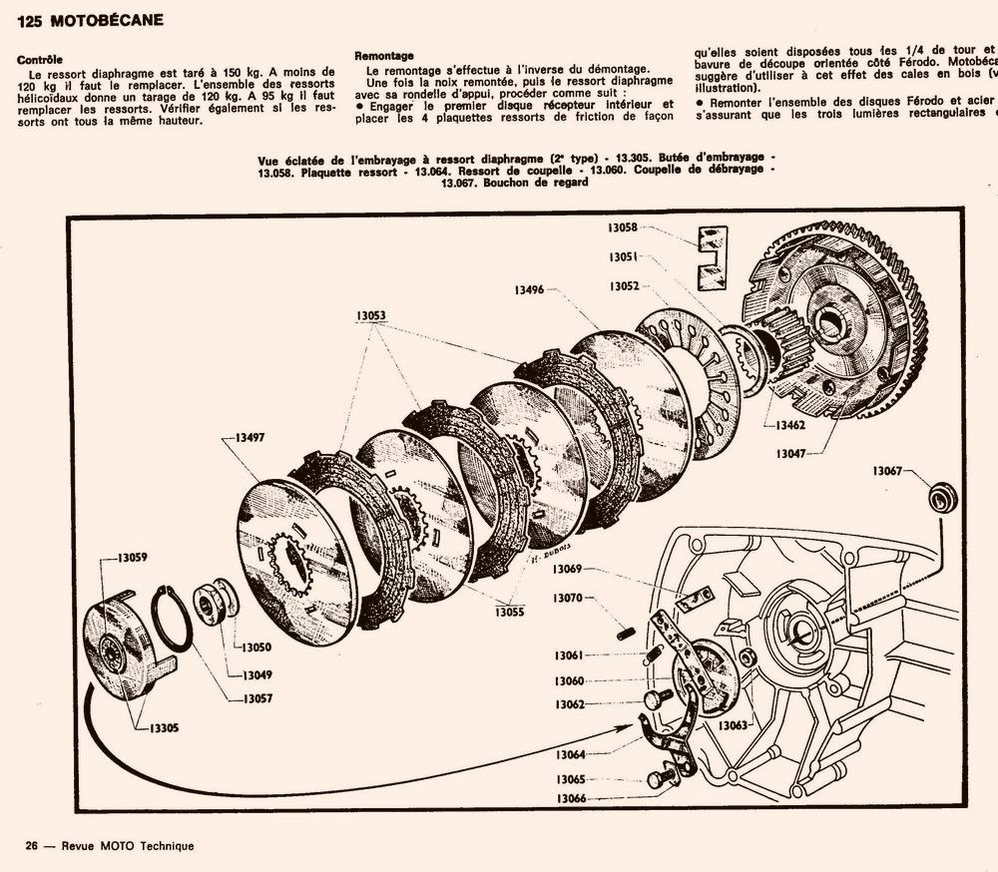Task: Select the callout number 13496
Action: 529,289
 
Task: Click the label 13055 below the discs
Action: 508,612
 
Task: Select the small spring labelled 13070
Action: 627,631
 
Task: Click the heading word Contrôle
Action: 40,60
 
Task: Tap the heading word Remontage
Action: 383,56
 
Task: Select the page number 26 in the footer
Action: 32,846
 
